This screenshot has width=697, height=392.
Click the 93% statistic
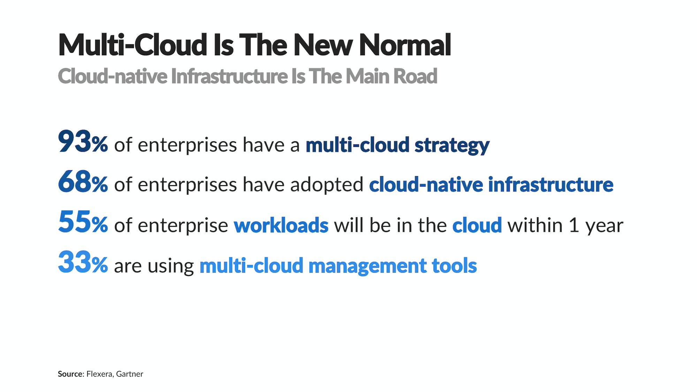(x=83, y=142)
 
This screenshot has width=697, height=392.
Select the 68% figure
(x=83, y=182)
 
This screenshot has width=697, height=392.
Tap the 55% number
(x=83, y=223)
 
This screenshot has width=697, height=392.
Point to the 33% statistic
(x=83, y=263)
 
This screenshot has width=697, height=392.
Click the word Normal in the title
(x=405, y=45)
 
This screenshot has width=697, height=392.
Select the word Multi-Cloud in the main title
(x=133, y=45)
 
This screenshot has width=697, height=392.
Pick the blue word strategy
(x=452, y=145)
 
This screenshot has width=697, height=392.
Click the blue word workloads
(x=281, y=225)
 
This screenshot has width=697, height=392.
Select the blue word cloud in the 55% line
(x=477, y=225)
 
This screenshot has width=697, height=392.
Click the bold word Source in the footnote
(x=70, y=374)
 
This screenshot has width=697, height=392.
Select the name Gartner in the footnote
(x=130, y=374)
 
